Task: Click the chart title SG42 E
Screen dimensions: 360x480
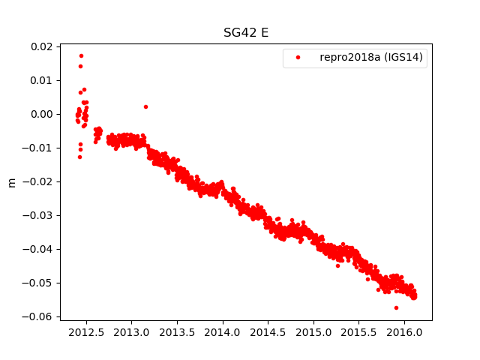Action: (245, 33)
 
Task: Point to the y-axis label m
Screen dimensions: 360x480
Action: (11, 182)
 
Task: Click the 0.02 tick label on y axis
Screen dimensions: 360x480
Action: (41, 46)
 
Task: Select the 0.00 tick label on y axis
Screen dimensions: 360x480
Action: (41, 114)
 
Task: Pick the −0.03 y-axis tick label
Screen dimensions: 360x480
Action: (38, 215)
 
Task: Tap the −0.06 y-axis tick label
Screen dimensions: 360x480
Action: (38, 316)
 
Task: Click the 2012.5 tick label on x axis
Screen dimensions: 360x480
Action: (86, 331)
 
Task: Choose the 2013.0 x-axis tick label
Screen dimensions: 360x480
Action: (132, 331)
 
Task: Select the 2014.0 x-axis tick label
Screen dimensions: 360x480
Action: (223, 331)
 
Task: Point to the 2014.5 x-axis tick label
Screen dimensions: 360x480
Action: (268, 331)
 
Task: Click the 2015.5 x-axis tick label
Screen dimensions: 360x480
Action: (359, 331)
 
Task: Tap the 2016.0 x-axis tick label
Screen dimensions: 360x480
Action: (405, 331)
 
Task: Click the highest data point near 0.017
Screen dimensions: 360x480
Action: (81, 55)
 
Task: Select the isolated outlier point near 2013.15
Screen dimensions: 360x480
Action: (145, 106)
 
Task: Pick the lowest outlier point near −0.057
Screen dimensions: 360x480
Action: (396, 307)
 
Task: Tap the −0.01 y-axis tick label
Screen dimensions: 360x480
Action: (38, 148)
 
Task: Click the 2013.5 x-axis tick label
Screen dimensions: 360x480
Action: (178, 331)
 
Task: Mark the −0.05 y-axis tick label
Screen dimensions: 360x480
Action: (38, 283)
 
